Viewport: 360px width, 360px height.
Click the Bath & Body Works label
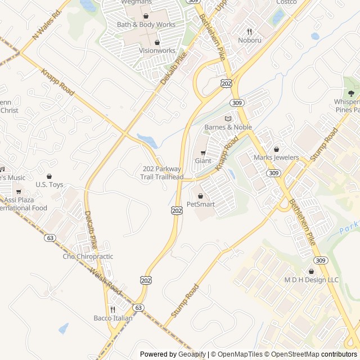coord(146,25)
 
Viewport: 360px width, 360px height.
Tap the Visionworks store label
coord(157,51)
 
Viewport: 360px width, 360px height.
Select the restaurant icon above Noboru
coord(250,31)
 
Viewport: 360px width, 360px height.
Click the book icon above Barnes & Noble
coord(228,119)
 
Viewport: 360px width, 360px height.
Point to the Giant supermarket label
coord(203,161)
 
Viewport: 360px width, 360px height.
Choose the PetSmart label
coord(201,204)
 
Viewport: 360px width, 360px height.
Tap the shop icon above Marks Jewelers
coord(276,150)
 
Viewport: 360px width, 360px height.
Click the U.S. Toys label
coord(49,184)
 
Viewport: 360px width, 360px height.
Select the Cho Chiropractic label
coord(88,256)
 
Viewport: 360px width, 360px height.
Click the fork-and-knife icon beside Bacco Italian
coord(112,309)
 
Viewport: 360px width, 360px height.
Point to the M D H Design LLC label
coord(311,280)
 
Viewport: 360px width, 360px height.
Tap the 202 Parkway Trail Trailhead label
coord(162,173)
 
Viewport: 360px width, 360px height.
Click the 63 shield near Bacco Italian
coord(138,308)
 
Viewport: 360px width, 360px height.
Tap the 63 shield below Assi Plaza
coord(51,238)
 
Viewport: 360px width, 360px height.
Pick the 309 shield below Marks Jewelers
coord(273,173)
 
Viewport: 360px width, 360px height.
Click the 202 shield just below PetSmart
coord(177,210)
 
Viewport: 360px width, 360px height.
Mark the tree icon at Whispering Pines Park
coord(352,93)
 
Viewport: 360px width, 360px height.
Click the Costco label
coord(286,2)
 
